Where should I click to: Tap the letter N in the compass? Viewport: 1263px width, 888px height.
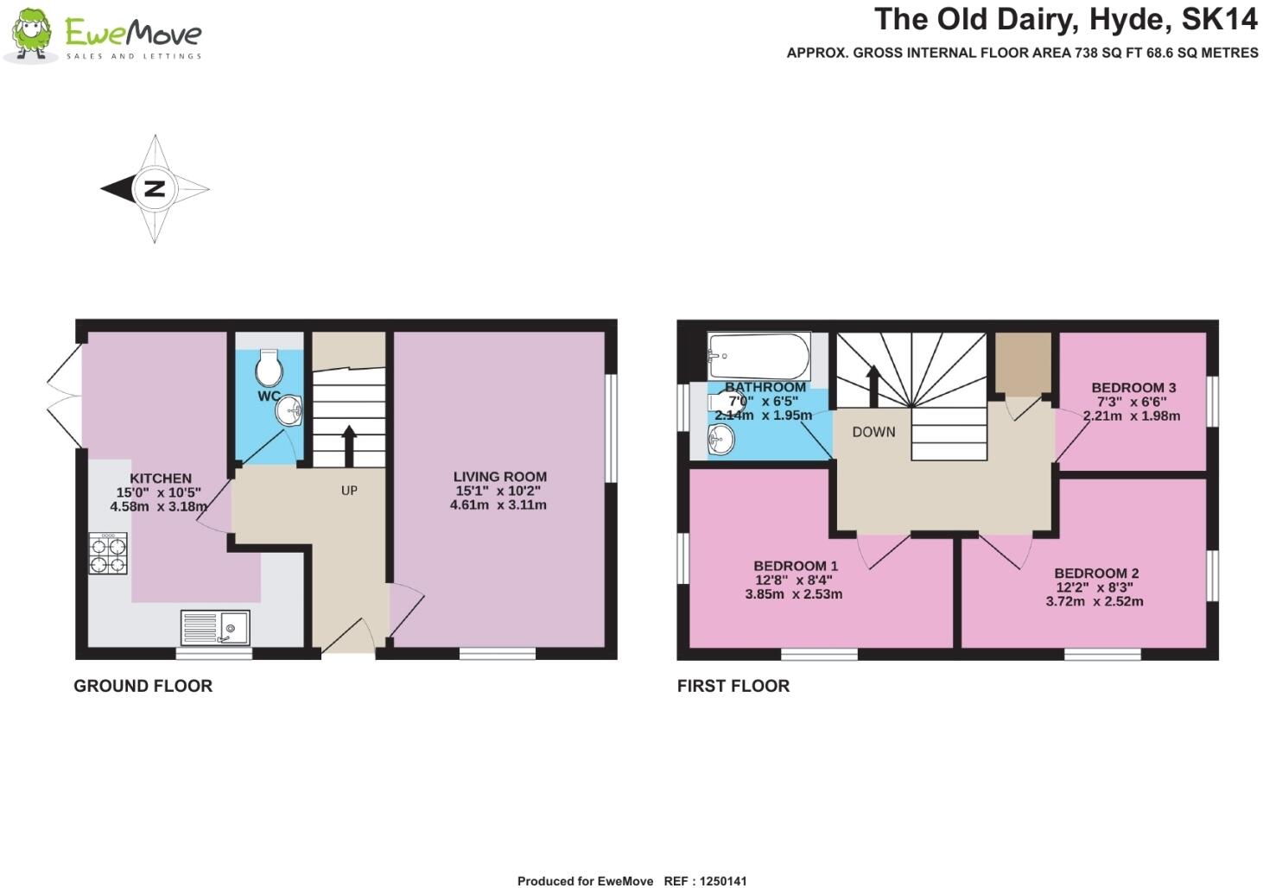(x=155, y=188)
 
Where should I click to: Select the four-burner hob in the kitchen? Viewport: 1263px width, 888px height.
(x=108, y=553)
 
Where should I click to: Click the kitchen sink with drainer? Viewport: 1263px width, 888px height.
(x=215, y=627)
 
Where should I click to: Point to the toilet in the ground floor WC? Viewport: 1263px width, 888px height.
(x=269, y=366)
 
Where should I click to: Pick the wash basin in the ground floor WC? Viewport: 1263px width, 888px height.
(x=289, y=411)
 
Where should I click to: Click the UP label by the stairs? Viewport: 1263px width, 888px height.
(x=349, y=491)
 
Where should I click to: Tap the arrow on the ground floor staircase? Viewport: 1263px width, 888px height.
(x=349, y=446)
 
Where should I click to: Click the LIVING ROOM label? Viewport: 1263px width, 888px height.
(x=500, y=477)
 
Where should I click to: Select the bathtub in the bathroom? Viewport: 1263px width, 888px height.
(x=759, y=356)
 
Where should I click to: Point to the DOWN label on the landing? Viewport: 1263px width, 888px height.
(x=873, y=432)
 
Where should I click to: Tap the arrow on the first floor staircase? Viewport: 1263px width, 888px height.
(x=873, y=386)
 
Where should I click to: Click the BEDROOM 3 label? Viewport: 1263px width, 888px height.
(x=1133, y=388)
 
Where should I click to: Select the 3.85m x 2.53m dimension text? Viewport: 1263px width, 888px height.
(x=793, y=593)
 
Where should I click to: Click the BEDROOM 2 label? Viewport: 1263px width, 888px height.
(x=1096, y=574)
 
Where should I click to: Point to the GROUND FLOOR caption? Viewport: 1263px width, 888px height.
(x=143, y=686)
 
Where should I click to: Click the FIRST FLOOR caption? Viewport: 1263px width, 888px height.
(x=733, y=686)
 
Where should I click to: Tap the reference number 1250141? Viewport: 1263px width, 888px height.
(x=723, y=881)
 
